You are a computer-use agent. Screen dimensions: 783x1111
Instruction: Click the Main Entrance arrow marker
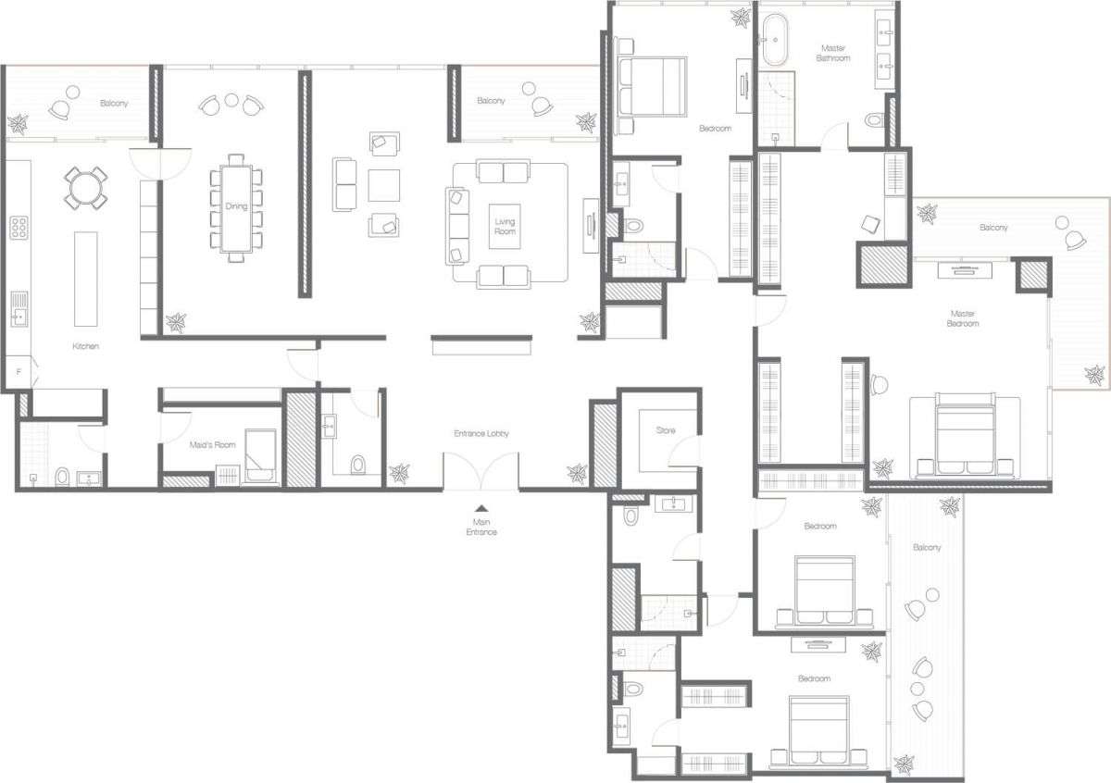point(481,508)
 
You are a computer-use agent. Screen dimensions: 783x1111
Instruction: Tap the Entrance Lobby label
point(481,433)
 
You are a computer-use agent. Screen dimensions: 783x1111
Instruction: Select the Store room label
point(666,430)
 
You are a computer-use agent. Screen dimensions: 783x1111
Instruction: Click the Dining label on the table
point(235,206)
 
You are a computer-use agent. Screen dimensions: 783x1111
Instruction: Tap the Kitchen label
point(85,346)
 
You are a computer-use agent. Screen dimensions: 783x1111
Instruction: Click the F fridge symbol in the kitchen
point(18,371)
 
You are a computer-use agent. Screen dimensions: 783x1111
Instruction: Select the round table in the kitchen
point(84,189)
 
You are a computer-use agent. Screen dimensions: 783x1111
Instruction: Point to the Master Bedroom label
point(962,318)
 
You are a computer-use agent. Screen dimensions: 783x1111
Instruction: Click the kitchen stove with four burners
point(19,228)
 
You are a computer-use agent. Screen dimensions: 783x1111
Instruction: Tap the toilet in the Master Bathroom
point(873,120)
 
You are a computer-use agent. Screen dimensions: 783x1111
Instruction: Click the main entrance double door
point(481,472)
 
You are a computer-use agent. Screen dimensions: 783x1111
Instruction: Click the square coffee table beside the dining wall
point(384,185)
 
